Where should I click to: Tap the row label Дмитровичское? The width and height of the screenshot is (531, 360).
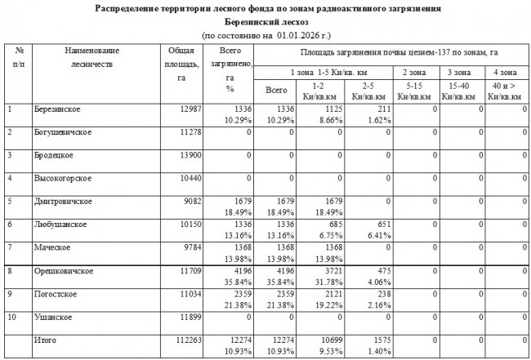(x=64, y=201)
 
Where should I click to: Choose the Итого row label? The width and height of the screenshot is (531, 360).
(x=47, y=340)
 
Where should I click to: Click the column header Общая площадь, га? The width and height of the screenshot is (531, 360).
(x=175, y=64)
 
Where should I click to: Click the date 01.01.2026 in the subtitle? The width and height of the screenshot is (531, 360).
(x=301, y=36)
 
